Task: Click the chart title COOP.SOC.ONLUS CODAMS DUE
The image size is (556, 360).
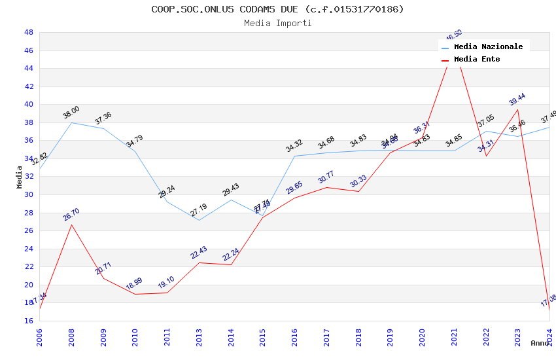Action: pos(277,9)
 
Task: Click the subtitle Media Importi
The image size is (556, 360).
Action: pos(278,24)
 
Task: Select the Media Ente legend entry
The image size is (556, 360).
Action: pos(476,59)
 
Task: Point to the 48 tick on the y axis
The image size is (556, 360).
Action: pos(29,32)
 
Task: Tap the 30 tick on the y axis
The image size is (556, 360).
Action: pos(29,194)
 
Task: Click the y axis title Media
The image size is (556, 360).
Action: pos(20,177)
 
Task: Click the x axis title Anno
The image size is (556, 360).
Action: pos(540,343)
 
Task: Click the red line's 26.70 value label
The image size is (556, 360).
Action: pos(71,214)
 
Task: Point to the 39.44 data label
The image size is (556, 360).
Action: pos(517,99)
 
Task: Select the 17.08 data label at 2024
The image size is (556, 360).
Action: pos(548,300)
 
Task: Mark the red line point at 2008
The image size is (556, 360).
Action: pos(71,225)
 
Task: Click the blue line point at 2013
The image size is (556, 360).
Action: pos(199,220)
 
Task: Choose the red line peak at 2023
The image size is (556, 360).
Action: pos(518,109)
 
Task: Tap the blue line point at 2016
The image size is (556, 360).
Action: pos(294,156)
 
